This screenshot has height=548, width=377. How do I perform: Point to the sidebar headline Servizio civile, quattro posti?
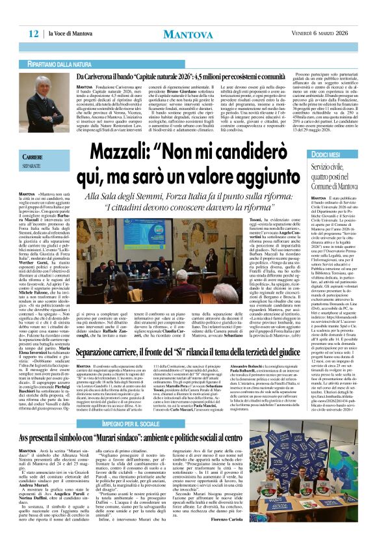(329, 176)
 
